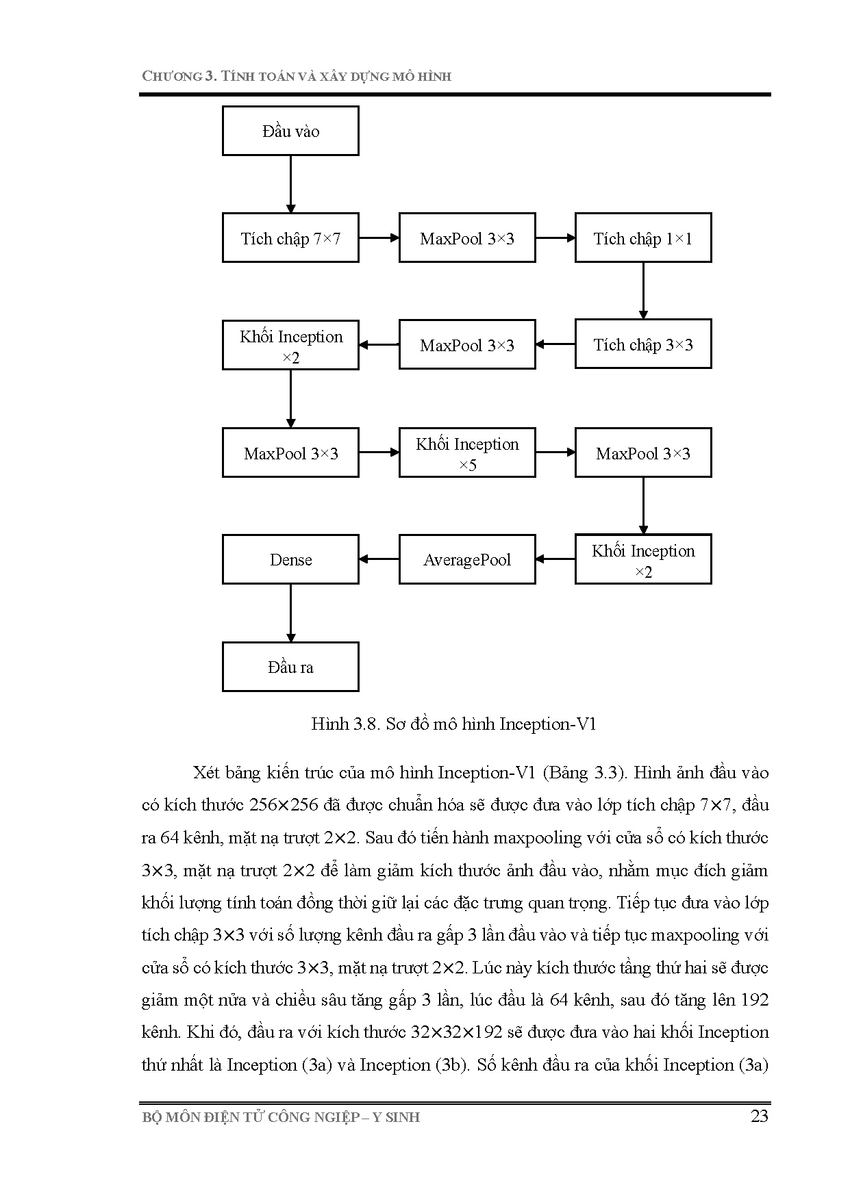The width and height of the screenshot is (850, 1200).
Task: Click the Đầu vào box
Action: click(x=290, y=131)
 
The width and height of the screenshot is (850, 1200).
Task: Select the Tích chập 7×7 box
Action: click(x=290, y=238)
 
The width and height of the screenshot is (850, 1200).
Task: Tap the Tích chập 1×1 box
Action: click(x=643, y=238)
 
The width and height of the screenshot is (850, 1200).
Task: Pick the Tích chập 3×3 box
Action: click(x=643, y=344)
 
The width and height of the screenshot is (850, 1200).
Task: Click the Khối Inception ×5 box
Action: click(x=467, y=453)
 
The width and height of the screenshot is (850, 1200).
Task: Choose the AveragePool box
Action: click(x=467, y=560)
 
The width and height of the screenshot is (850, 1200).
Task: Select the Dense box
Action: click(x=290, y=560)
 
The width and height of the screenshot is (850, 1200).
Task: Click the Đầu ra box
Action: click(x=290, y=667)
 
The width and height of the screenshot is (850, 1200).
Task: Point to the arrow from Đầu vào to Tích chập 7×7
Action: click(x=290, y=183)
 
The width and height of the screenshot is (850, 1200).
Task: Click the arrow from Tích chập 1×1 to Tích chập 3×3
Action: click(x=643, y=290)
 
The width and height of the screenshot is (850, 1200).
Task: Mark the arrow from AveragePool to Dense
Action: click(x=379, y=559)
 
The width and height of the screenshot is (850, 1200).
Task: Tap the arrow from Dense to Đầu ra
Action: click(x=290, y=613)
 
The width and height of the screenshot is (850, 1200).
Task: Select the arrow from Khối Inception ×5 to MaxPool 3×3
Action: click(x=555, y=452)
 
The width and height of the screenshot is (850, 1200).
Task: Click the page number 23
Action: click(x=760, y=1116)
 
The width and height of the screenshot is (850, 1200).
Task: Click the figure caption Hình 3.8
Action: click(x=345, y=724)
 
